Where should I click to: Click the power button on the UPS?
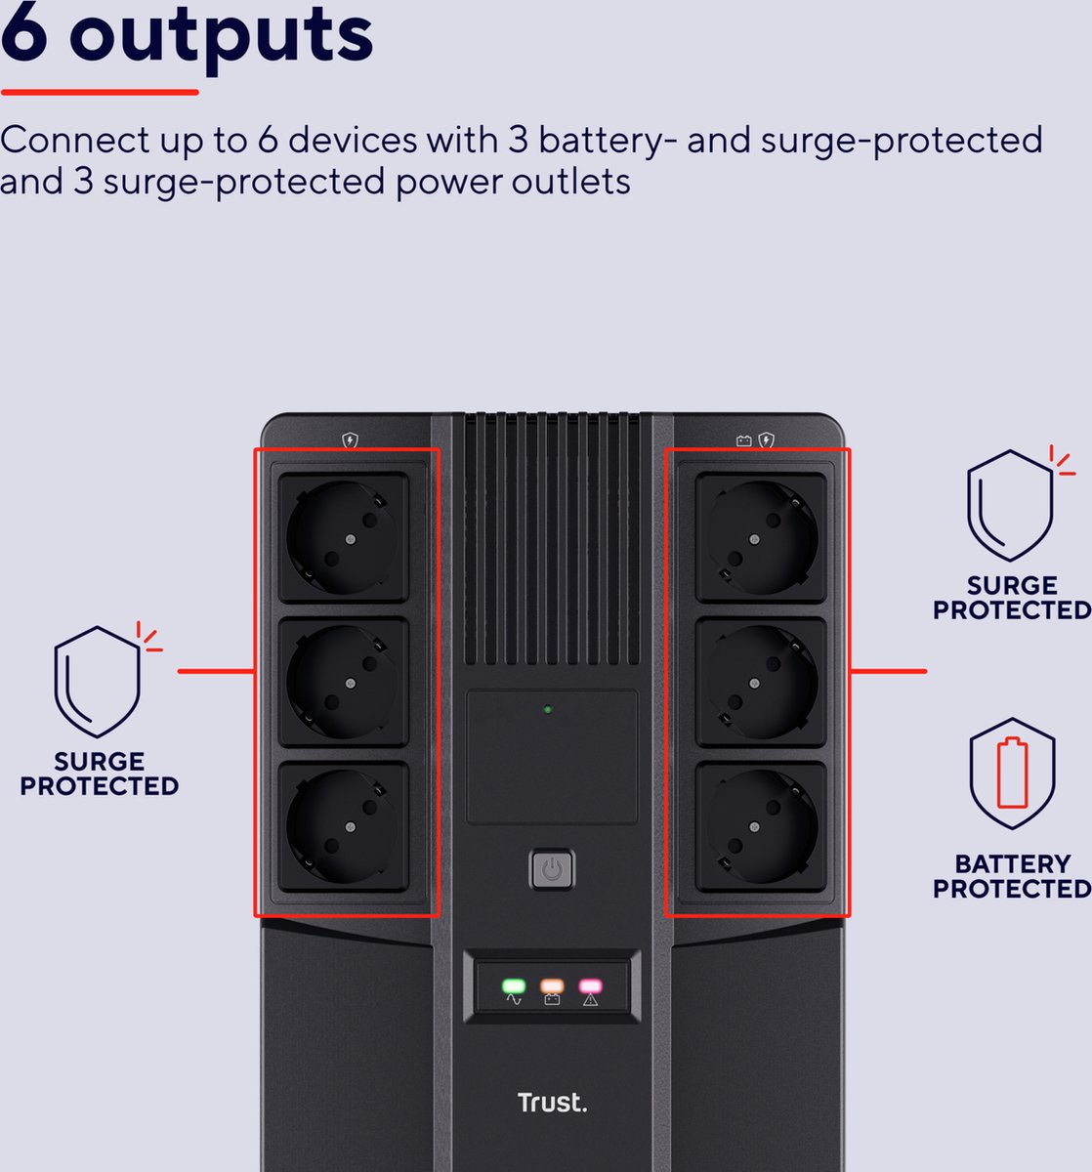[552, 869]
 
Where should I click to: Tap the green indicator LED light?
[514, 986]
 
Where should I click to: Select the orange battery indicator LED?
[552, 986]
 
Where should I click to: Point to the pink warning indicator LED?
[590, 986]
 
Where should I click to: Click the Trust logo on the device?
[552, 1103]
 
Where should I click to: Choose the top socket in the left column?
[343, 536]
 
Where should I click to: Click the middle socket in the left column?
[343, 682]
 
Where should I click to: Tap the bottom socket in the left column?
[343, 826]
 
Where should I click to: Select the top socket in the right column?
[761, 536]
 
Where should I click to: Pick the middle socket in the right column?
[761, 682]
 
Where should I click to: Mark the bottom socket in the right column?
[761, 826]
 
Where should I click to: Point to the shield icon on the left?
[98, 682]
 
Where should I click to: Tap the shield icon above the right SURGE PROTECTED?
[1011, 505]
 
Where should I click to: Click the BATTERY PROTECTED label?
[1012, 876]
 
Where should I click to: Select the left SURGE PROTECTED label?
[100, 774]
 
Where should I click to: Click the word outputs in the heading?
[222, 35]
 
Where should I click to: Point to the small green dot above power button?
[548, 709]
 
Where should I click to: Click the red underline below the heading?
[100, 93]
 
